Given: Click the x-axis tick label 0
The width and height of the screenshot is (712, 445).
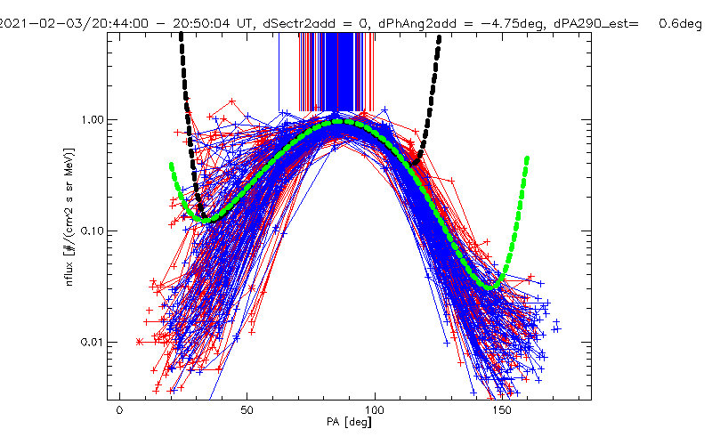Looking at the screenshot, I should click(x=120, y=410).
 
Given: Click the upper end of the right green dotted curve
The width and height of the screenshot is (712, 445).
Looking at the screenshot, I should click(x=527, y=159).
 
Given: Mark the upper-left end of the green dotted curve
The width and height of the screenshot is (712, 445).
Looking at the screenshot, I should click(x=171, y=165).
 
